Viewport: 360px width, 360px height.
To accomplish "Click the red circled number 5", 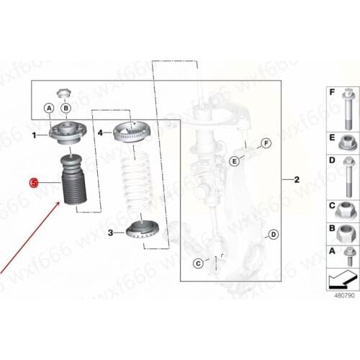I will pos(32,183).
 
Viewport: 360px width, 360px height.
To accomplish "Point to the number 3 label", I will pos(110,233).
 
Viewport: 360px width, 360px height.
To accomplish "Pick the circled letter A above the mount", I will pos(49,108).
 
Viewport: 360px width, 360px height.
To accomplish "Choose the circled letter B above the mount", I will pos(66,108).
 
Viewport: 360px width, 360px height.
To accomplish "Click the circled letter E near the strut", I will pos(234,161).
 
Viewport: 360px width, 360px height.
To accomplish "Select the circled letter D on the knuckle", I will pos(272,234).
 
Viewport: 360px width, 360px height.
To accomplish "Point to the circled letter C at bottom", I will pos(197,263).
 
